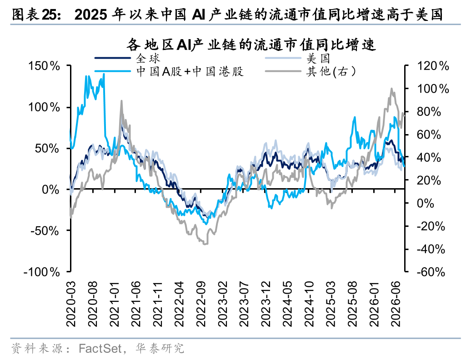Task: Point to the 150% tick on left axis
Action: tap(44, 66)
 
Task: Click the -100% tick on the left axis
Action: tap(42, 272)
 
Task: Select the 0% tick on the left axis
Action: tap(50, 190)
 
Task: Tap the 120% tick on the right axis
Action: tap(433, 66)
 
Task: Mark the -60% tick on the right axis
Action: tap(431, 272)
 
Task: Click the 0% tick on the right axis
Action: tap(426, 203)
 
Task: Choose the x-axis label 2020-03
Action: tap(71, 304)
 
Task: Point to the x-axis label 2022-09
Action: tap(201, 304)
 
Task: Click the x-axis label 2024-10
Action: tap(309, 304)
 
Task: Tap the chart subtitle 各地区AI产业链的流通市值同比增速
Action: tap(251, 45)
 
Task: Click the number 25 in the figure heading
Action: tap(50, 15)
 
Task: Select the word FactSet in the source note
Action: tap(100, 349)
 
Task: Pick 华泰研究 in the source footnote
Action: tap(160, 349)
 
